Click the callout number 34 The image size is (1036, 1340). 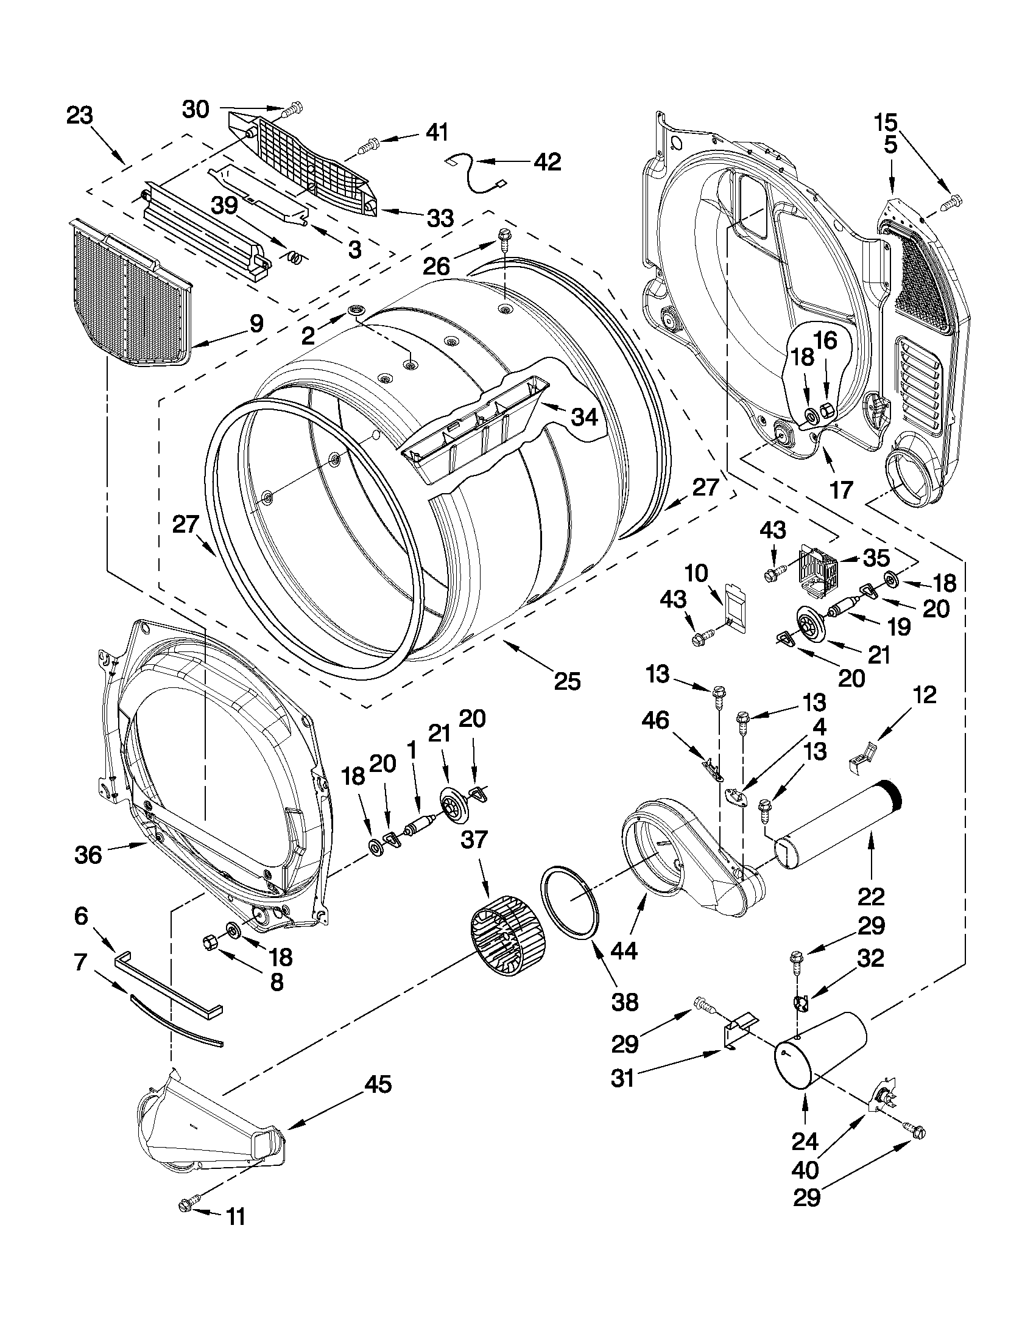[x=583, y=417]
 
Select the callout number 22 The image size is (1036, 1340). [x=872, y=897]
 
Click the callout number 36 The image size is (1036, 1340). [x=88, y=855]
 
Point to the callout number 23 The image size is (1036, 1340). [x=80, y=114]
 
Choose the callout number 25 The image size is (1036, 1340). [x=567, y=681]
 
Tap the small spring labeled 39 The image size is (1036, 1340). [x=295, y=258]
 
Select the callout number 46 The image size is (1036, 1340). [x=655, y=720]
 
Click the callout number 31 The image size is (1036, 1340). [x=622, y=1078]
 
